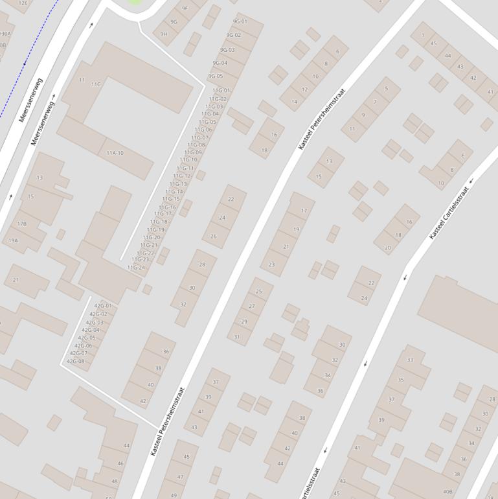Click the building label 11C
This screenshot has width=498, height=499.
pos(96,84)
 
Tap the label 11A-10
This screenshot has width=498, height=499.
pos(115,153)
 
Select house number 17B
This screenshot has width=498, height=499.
pos(22,224)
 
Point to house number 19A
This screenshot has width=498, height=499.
pos(13,240)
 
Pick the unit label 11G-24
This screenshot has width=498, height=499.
pos(136,268)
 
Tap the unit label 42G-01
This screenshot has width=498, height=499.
pos(103,305)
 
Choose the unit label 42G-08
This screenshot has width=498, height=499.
pos(76,361)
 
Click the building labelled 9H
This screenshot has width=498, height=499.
pos(164,34)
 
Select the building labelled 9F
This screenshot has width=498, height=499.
pos(185,8)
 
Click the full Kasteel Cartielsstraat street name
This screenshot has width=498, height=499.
pos(448,213)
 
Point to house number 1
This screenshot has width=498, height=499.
pos(423,35)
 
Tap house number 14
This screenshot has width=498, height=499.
pos(295,102)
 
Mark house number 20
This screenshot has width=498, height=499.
pos(388,248)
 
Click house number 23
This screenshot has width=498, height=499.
pos(272,264)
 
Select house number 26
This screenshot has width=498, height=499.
pos(214,237)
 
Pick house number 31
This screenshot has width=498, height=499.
pos(237,337)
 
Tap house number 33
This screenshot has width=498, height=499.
pos(410,360)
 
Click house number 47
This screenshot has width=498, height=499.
pos(180,477)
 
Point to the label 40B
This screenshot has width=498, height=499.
pos(447,492)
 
